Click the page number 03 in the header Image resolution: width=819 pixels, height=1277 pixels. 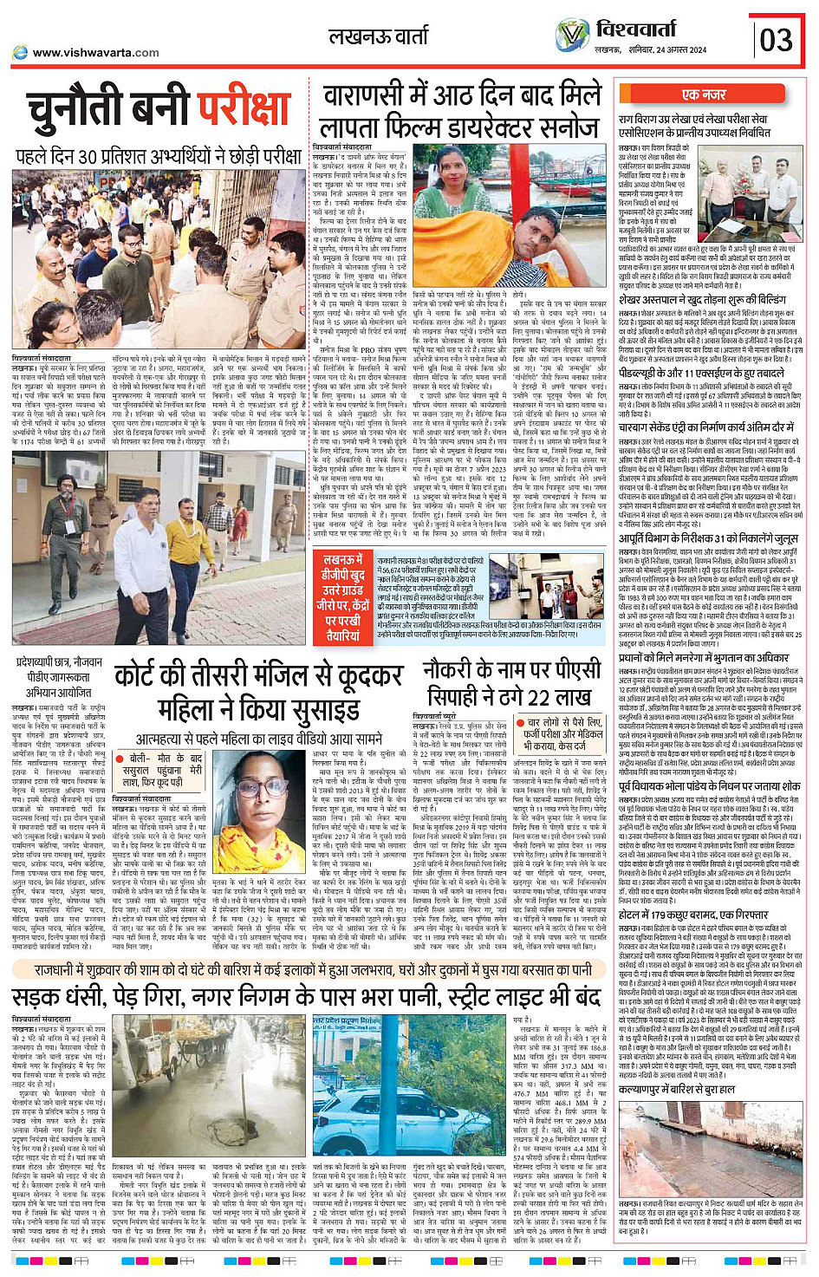click(777, 39)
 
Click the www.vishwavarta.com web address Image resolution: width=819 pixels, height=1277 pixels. click(95, 53)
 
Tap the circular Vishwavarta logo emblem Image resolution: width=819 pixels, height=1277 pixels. click(572, 36)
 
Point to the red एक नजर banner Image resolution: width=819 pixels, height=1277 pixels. click(704, 94)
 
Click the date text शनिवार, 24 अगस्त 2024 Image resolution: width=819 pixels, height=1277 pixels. click(664, 50)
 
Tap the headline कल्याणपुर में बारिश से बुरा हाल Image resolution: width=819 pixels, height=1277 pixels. click(677, 1089)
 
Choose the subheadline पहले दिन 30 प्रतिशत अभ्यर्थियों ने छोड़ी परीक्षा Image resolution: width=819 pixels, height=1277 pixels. click(159, 157)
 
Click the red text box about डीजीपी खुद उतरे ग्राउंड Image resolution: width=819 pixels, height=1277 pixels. click(344, 598)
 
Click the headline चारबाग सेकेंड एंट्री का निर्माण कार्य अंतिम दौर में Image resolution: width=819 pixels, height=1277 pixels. click(706, 427)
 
